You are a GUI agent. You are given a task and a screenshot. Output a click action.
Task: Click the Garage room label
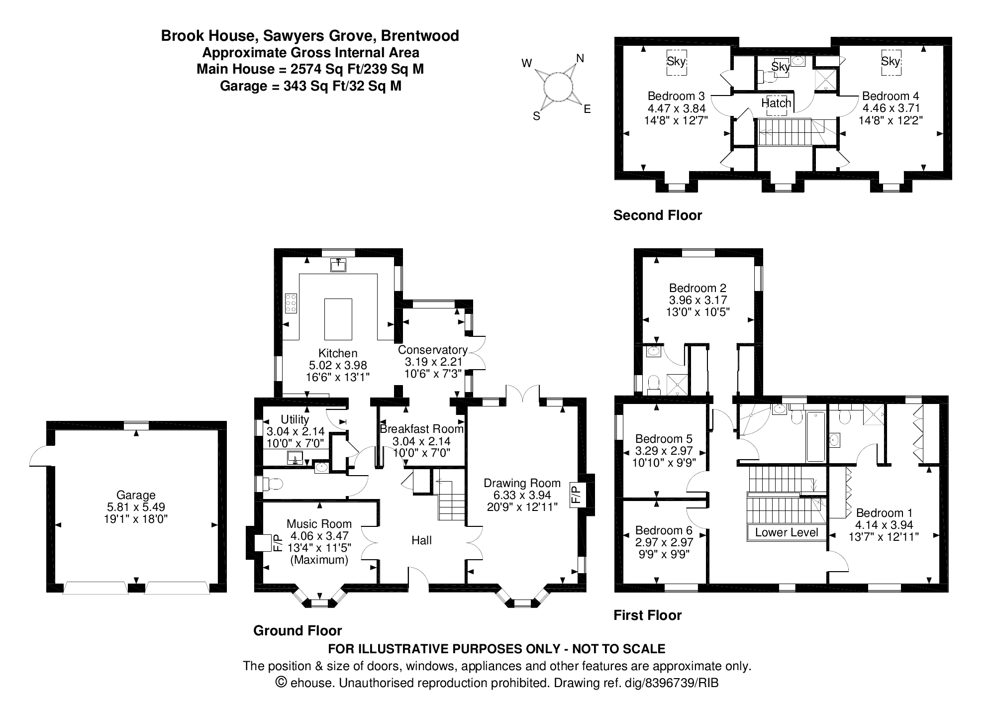136,495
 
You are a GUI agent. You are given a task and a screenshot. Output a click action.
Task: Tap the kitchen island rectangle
338,319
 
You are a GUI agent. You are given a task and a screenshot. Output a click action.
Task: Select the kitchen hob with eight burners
291,303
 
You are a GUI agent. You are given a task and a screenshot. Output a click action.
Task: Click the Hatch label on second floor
776,103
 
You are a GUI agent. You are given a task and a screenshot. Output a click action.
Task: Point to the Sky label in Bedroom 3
676,62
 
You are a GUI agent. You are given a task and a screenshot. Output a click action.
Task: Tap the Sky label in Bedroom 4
891,61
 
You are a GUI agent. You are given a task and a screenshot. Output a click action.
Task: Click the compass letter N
580,58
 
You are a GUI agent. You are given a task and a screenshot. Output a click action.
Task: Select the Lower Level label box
786,532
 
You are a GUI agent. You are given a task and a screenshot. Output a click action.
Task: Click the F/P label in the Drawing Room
575,495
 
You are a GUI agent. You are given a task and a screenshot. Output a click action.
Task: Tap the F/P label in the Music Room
278,542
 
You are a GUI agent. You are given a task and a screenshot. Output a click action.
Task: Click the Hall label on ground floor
421,540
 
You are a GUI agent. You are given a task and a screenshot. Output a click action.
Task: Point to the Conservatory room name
432,350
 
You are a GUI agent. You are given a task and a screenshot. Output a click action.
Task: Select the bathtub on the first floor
815,436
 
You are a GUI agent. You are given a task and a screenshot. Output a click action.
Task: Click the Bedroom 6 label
664,530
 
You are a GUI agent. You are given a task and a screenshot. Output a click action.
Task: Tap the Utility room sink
296,457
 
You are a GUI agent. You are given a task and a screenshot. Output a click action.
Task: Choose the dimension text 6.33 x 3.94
522,495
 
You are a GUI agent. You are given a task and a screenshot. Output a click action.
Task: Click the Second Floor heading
657,215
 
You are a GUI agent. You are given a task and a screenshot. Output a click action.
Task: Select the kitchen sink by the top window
338,265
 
